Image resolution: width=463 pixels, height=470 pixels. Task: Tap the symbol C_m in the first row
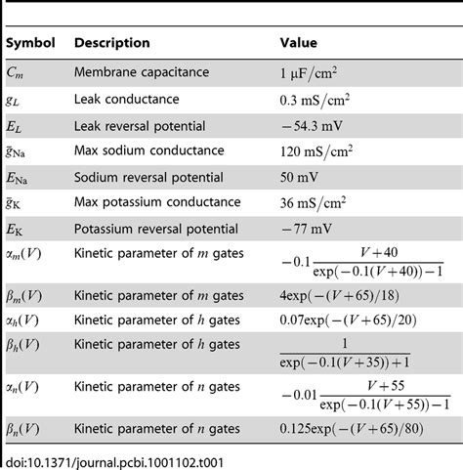click(18, 71)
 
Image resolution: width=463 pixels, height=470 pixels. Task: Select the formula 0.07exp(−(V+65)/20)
click(347, 319)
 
